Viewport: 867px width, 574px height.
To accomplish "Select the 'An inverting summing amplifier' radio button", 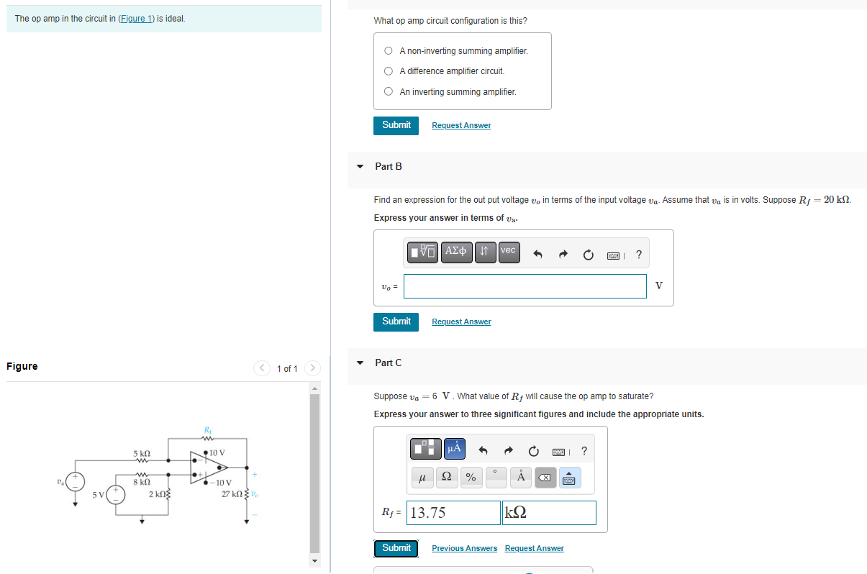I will pos(389,91).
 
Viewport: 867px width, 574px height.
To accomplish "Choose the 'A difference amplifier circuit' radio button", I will pos(389,71).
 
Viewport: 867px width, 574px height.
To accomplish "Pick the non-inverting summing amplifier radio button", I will pos(389,51).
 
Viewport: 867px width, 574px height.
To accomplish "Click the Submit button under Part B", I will pos(396,322).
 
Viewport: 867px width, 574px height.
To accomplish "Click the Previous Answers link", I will pos(464,548).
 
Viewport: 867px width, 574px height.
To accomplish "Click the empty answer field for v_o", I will pos(525,286).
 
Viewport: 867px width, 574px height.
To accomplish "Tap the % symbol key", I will pos(471,477).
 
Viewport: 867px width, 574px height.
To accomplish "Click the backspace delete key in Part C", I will pos(545,477).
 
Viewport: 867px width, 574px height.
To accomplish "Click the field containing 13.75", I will pos(453,513).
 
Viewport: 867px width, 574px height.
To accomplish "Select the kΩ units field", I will pos(548,513).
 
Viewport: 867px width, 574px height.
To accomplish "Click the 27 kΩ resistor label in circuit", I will pos(233,494).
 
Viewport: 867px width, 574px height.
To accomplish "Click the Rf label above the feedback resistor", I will pos(209,431).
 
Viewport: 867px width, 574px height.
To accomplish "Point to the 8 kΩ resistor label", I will pos(141,483).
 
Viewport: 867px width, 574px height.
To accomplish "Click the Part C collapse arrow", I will pos(360,363).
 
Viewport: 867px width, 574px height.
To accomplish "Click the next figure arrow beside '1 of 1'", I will pos(312,368).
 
